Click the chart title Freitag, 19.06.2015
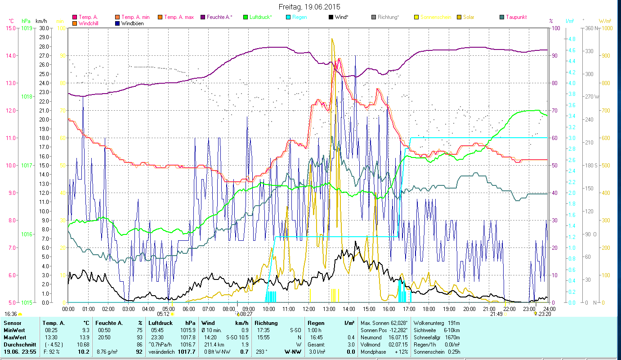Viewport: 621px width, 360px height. coord(310,7)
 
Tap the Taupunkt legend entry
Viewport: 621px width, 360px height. coord(516,17)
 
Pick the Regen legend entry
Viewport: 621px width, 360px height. coord(299,17)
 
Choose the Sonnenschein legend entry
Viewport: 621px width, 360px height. coord(438,17)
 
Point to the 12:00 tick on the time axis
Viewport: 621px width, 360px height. coord(308,309)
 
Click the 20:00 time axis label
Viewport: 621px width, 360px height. coord(469,309)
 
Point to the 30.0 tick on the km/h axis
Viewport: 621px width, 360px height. coord(44,28)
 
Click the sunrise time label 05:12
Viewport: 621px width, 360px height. coord(164,314)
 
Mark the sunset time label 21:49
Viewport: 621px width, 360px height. coord(496,314)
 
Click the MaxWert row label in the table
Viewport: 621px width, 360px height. coord(14,337)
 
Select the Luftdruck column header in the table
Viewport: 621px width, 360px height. coord(161,323)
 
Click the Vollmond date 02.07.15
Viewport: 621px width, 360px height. coord(398,344)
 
